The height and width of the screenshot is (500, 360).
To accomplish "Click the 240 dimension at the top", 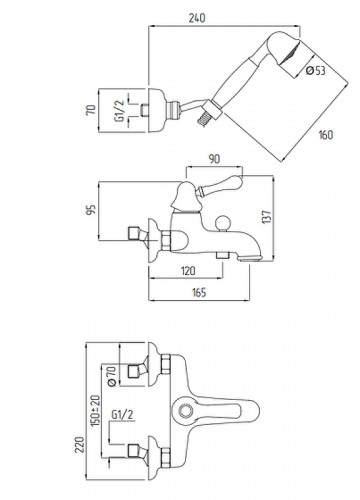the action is pyautogui.click(x=197, y=18).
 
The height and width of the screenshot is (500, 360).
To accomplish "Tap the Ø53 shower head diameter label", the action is pyautogui.click(x=316, y=71).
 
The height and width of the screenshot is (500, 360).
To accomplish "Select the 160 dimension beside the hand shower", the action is pyautogui.click(x=326, y=135).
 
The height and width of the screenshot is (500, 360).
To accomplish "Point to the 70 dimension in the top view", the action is pyautogui.click(x=91, y=109).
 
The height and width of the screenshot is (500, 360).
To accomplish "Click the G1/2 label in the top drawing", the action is pyautogui.click(x=119, y=111).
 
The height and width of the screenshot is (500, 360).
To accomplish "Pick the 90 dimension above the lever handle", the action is pyautogui.click(x=214, y=159).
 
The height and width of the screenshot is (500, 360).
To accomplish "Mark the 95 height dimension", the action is pyautogui.click(x=91, y=210).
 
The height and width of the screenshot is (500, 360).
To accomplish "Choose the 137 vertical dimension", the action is pyautogui.click(x=267, y=217).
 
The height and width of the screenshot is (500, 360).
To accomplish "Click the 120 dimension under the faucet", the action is pyautogui.click(x=188, y=271).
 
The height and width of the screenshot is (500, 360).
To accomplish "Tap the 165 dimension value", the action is pyautogui.click(x=199, y=292).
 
